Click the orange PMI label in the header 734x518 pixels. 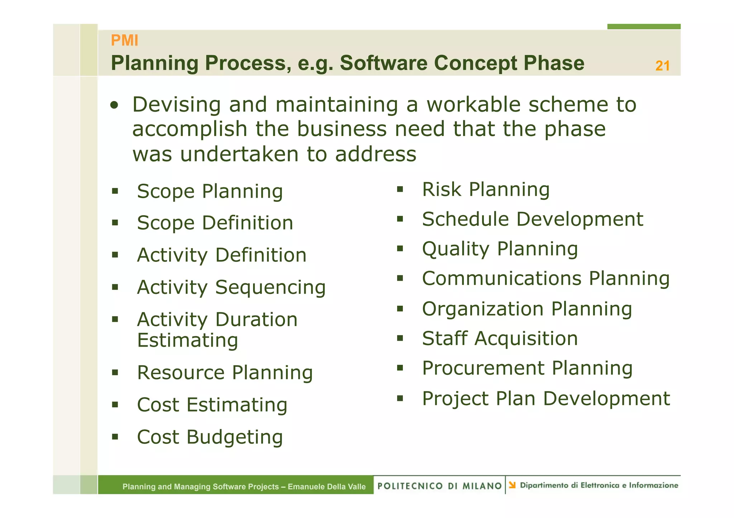point(124,40)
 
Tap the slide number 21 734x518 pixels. point(662,66)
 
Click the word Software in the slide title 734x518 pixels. point(383,63)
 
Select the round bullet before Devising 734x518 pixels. point(114,105)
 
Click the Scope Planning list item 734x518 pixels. point(210,191)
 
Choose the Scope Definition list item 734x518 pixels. point(215,223)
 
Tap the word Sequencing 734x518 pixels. point(270,287)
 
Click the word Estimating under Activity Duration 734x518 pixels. point(187,340)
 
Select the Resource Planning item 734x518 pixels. point(225,373)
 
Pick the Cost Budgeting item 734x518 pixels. point(210,437)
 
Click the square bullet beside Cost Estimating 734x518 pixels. point(115,405)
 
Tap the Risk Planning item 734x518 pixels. point(486,189)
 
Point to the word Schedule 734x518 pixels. point(465,219)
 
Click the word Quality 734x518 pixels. point(455,249)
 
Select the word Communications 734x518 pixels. point(501,279)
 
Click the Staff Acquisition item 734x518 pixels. point(500,339)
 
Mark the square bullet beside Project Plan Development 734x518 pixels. point(400,398)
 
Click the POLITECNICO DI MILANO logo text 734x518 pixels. point(439,486)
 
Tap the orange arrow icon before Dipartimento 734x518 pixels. point(512,485)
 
